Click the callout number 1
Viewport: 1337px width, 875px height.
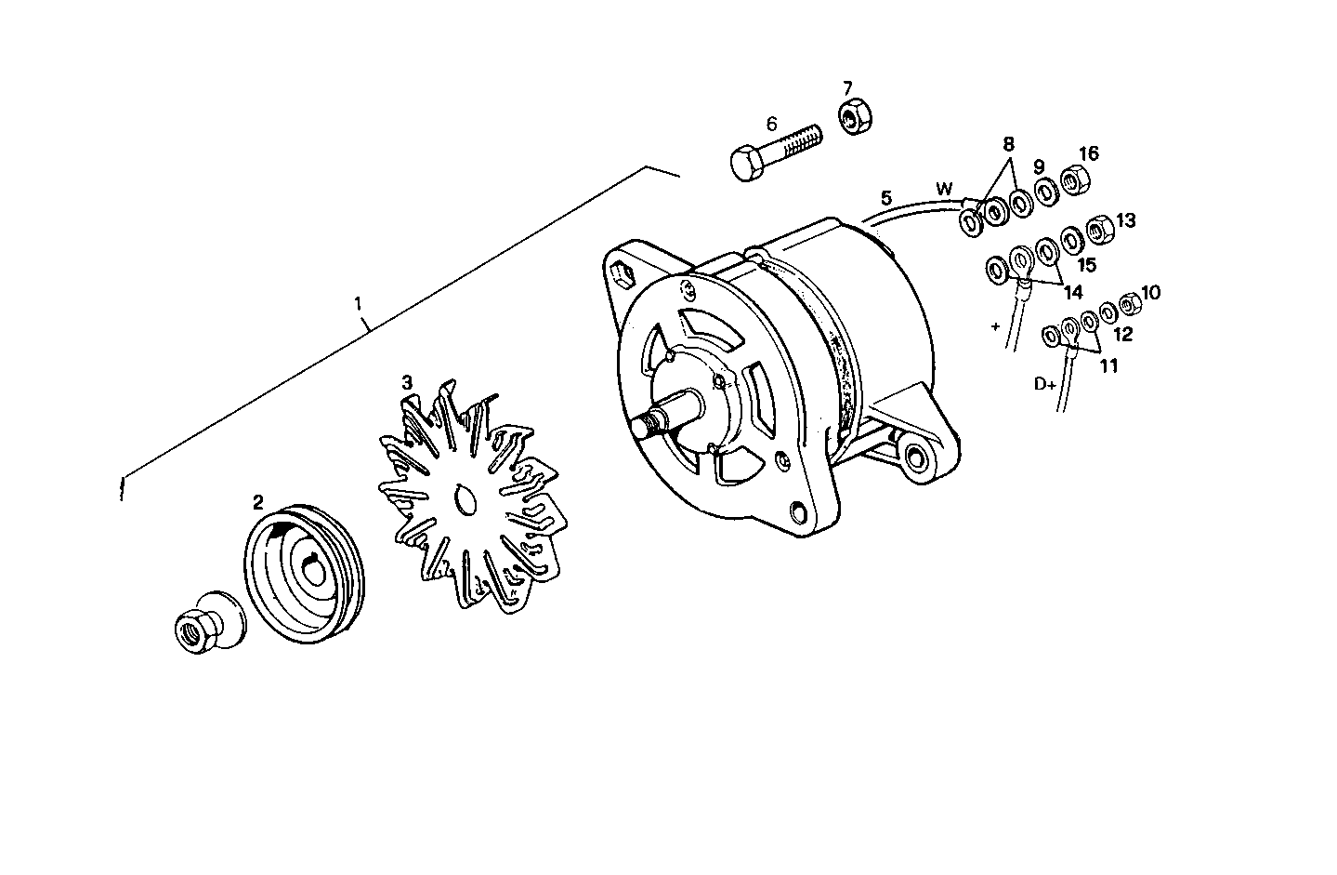pyautogui.click(x=359, y=303)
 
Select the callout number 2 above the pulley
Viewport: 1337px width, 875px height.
pyautogui.click(x=258, y=503)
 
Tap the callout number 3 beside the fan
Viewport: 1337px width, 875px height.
pyautogui.click(x=407, y=382)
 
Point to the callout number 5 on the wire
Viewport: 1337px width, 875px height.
pyautogui.click(x=886, y=198)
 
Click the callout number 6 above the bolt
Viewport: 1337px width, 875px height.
pyautogui.click(x=771, y=124)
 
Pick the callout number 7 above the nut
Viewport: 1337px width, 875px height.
pyautogui.click(x=847, y=88)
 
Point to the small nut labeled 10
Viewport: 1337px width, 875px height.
pyautogui.click(x=1129, y=303)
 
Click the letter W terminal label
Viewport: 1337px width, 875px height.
pyautogui.click(x=945, y=190)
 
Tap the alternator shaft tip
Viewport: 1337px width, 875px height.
pyautogui.click(x=641, y=427)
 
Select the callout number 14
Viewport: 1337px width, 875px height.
pyautogui.click(x=1072, y=292)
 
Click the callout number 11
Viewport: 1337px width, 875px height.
pyautogui.click(x=1108, y=365)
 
